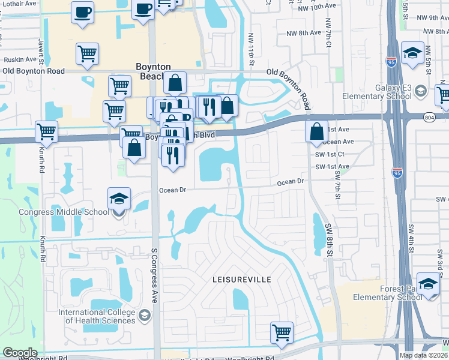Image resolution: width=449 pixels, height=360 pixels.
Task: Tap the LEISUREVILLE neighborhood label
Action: (242, 280)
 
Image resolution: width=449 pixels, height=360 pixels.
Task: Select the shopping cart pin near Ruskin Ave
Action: (87, 55)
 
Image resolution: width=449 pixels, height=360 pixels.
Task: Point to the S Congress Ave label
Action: (154, 276)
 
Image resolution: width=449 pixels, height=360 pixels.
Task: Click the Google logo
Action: (20, 353)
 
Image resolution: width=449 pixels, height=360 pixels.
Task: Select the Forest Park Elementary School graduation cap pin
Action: (428, 284)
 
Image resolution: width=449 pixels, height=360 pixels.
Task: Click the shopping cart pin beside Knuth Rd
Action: (46, 131)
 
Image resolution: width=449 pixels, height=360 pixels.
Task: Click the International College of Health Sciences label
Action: (97, 316)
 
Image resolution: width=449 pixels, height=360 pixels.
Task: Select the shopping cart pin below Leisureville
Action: (282, 332)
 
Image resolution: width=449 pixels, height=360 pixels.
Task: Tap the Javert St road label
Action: (41, 51)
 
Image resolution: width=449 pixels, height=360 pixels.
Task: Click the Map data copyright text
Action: (424, 355)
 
